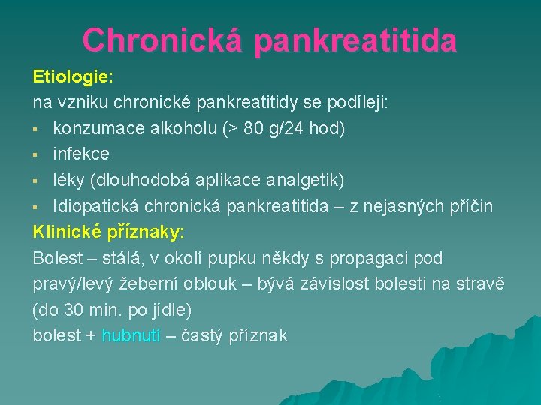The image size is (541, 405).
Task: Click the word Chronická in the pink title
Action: click(x=162, y=40)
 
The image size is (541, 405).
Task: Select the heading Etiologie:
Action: click(x=72, y=77)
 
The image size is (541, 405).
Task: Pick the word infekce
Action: click(x=81, y=154)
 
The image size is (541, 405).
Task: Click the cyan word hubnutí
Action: click(x=131, y=335)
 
